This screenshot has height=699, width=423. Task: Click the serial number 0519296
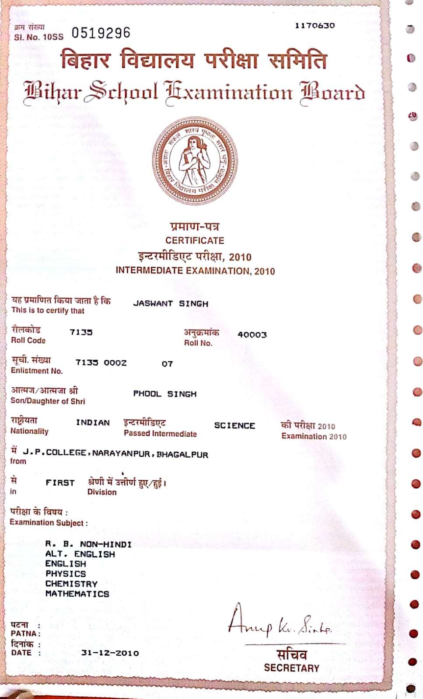(101, 33)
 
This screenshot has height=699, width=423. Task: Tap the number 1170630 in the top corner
(315, 26)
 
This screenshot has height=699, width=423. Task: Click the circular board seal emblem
(195, 161)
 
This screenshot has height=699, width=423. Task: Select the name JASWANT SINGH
(171, 303)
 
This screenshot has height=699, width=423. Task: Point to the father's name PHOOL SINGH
(165, 394)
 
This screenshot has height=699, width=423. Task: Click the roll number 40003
(252, 335)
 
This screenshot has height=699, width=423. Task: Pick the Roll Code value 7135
(81, 332)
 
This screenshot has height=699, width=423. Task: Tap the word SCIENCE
(234, 425)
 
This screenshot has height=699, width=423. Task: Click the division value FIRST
(60, 483)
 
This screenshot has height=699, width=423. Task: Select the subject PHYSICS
(66, 574)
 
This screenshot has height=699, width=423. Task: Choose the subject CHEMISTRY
(71, 584)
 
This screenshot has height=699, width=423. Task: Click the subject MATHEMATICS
(77, 594)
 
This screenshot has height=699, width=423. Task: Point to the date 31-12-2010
(110, 653)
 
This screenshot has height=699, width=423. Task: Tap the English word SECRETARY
(291, 668)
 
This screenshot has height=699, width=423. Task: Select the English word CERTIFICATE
(195, 240)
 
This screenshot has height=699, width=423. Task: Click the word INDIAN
(93, 423)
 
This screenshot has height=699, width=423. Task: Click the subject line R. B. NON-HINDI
(88, 544)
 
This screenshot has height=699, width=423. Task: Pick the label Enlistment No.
(37, 371)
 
